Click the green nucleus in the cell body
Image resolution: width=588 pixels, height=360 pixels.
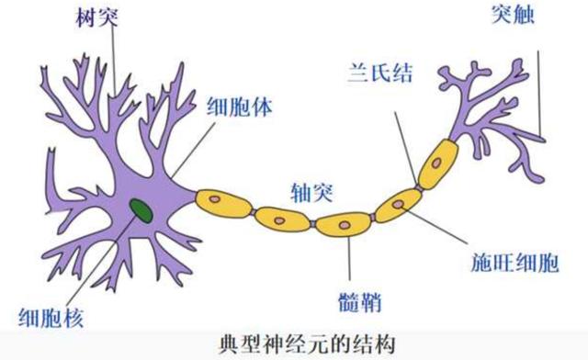(x=141, y=210)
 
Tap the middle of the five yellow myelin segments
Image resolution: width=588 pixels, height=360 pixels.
(x=343, y=221)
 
